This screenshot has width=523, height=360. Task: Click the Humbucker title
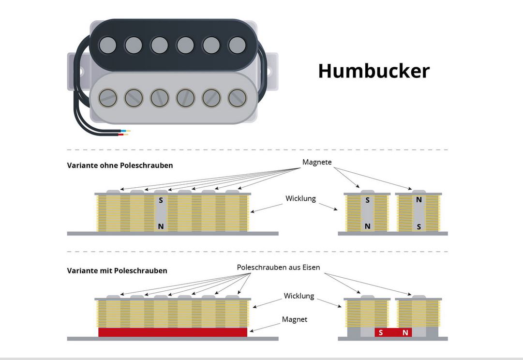pos(374,71)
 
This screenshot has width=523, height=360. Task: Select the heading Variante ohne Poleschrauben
pos(120,165)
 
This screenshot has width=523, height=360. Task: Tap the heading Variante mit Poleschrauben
pos(117,271)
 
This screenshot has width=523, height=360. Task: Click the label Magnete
pos(317,162)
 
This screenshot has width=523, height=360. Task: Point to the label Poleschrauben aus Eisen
pos(278,267)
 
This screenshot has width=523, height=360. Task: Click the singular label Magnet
pos(295,319)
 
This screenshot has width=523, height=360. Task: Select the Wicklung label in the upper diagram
pos(300,198)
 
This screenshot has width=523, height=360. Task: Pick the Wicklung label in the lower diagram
pos(299,296)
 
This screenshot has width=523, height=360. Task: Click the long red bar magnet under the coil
pos(173,332)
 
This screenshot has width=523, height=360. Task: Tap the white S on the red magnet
pos(381,332)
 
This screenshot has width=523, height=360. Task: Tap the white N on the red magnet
pos(405,332)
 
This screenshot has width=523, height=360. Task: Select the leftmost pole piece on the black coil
pos(107,45)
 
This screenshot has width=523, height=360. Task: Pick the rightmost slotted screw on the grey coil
pos(237,98)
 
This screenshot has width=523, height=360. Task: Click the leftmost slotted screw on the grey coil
pos(107,98)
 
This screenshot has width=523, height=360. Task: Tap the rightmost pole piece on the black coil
pos(237,45)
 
